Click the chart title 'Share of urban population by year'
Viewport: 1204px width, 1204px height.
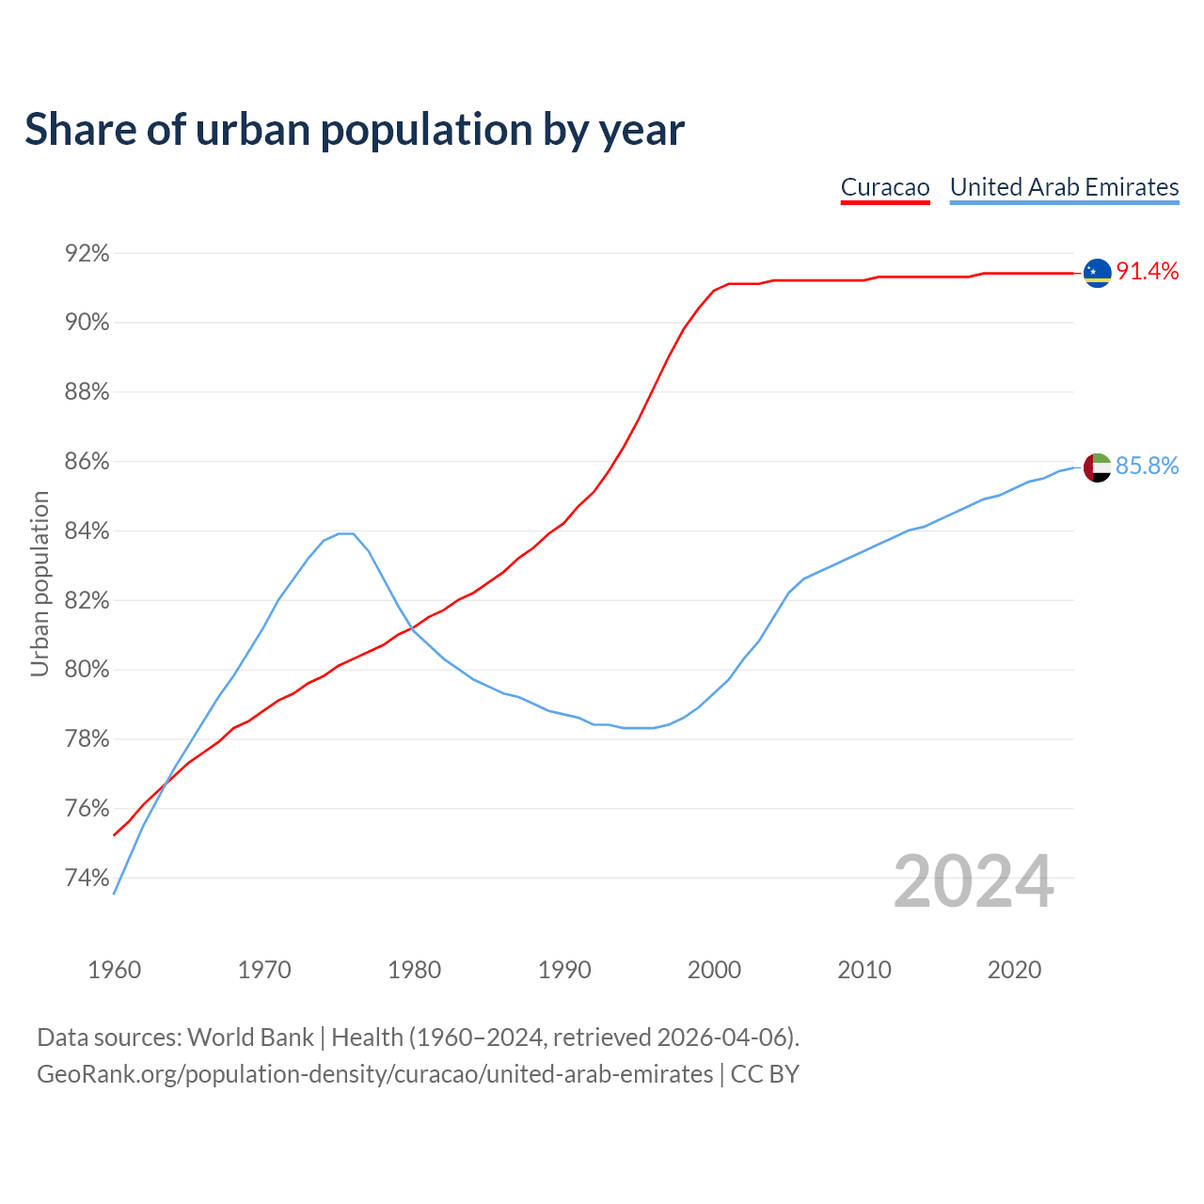point(355,130)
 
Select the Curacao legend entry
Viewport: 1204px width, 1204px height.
point(885,187)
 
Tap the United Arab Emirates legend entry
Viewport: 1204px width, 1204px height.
point(1064,187)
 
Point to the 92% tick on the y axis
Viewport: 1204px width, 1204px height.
point(87,254)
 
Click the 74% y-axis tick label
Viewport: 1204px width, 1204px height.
point(87,879)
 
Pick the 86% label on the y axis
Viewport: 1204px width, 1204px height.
point(87,462)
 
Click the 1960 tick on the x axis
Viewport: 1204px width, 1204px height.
point(115,970)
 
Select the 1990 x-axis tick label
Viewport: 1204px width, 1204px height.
point(564,970)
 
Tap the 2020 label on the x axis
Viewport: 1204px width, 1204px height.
point(1014,970)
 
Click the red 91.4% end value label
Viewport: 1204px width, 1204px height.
point(1147,272)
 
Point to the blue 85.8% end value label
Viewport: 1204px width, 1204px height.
point(1147,467)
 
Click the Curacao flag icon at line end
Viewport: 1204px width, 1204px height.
point(1097,273)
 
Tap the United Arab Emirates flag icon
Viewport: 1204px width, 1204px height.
point(1097,467)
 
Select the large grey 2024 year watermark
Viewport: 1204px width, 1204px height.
point(974,882)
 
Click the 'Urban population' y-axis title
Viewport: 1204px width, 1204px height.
point(40,583)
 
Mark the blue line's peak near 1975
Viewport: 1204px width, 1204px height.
point(345,533)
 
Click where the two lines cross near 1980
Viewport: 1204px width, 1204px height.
point(412,628)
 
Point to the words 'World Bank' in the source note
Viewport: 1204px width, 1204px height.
point(250,1038)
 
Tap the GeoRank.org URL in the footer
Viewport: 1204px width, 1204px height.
point(374,1074)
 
